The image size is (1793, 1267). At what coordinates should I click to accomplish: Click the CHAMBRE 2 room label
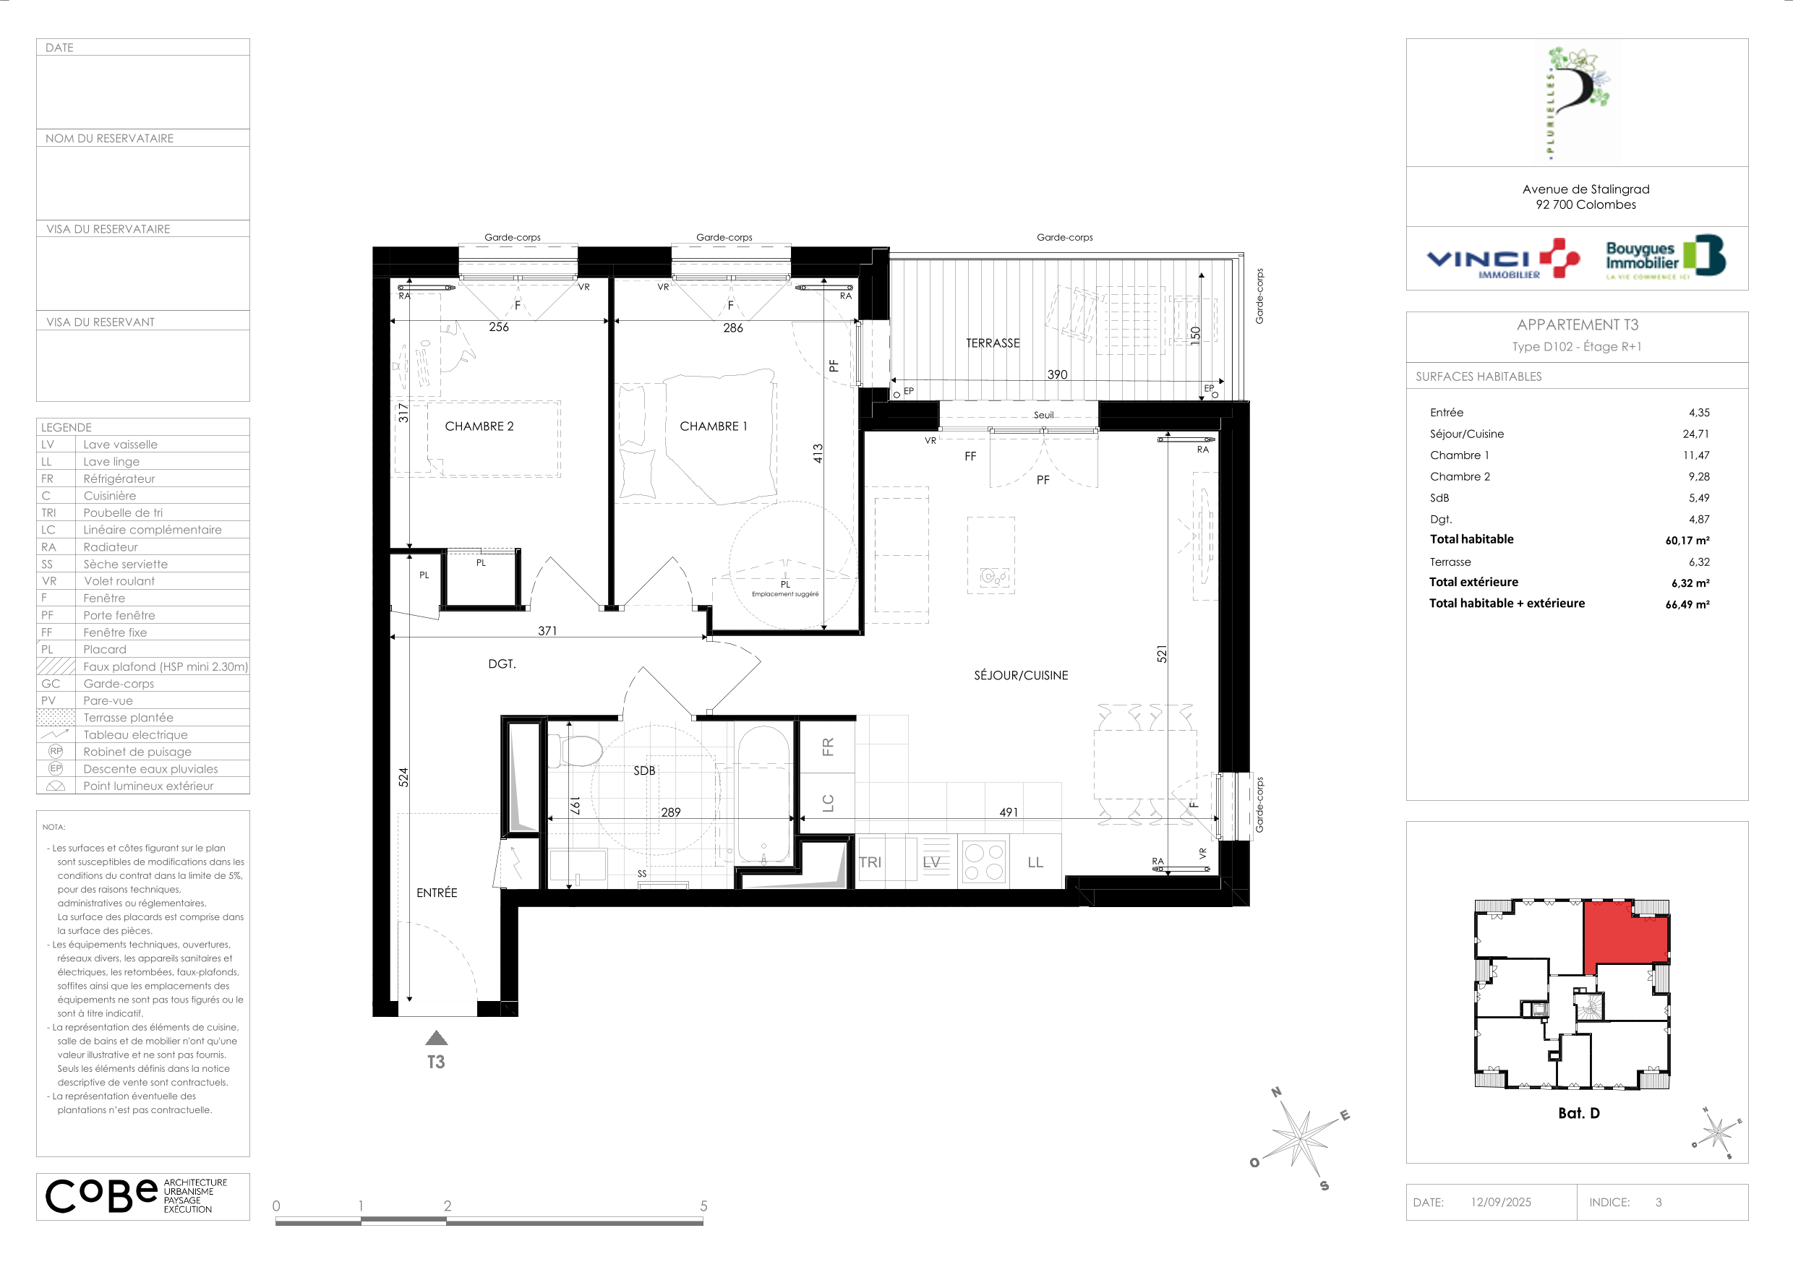click(479, 426)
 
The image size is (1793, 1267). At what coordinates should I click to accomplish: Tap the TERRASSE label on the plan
click(993, 343)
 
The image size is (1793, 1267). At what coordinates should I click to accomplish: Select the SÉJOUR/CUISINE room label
click(1021, 675)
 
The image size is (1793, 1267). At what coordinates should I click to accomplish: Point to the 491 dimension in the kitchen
click(1008, 812)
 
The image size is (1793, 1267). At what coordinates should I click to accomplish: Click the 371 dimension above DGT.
click(547, 631)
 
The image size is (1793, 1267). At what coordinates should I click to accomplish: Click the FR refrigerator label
click(828, 747)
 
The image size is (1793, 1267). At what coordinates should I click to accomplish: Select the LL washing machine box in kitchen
click(1035, 862)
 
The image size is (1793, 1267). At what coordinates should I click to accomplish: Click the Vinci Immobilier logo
click(1502, 259)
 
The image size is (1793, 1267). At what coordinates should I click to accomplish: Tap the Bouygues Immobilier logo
click(1666, 257)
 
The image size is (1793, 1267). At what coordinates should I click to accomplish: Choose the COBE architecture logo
click(137, 1195)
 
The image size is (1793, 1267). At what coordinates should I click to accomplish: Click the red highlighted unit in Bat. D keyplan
click(1625, 935)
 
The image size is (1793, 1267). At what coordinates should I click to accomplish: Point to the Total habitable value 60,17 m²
click(1687, 540)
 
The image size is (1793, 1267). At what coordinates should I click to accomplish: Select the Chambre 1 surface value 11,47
click(1695, 455)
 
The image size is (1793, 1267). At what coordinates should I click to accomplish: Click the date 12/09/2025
click(1500, 1202)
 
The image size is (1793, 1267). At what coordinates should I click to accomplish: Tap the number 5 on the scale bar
click(703, 1206)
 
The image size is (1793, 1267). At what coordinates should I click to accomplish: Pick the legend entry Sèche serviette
click(125, 564)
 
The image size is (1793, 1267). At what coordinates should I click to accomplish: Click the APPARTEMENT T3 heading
click(1578, 325)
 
